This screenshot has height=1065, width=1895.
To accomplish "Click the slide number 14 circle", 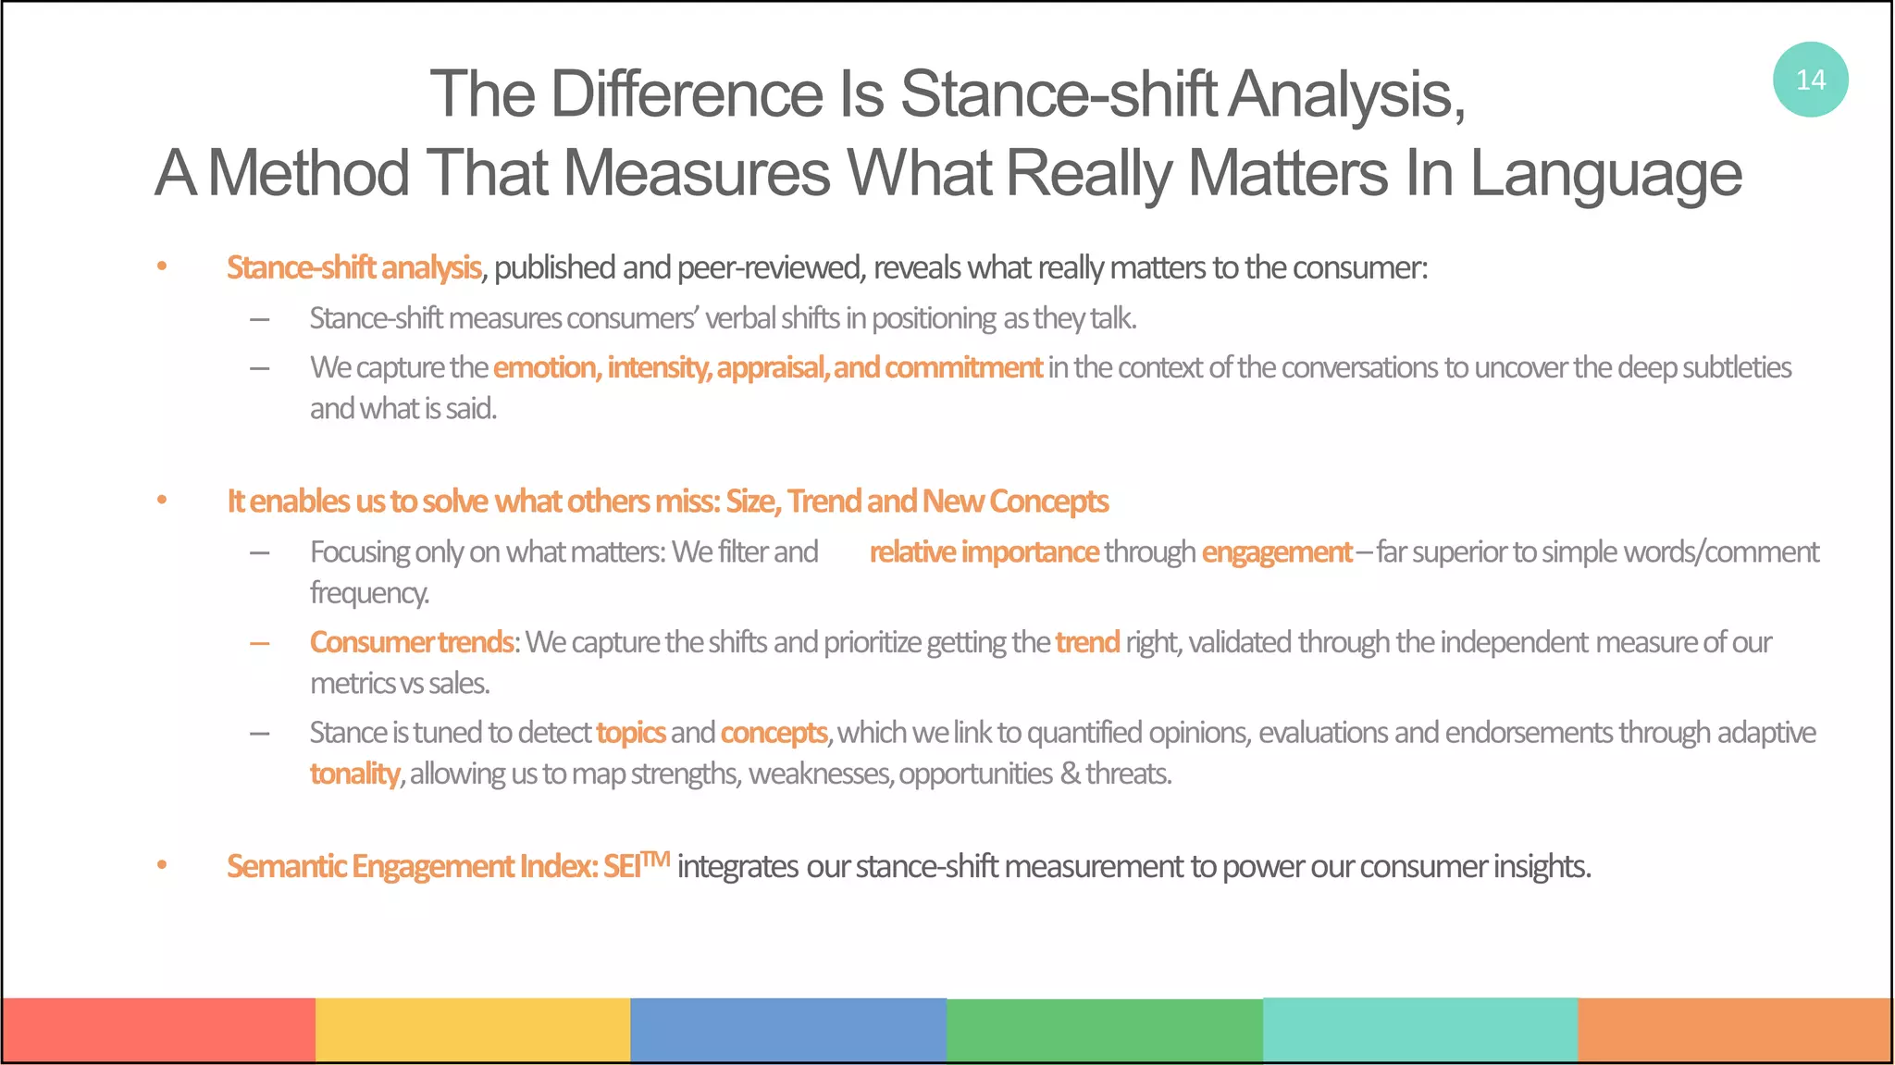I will [x=1810, y=80].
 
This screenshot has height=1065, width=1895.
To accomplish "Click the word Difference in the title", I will [x=686, y=94].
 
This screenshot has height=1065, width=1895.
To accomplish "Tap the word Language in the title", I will [x=1605, y=174].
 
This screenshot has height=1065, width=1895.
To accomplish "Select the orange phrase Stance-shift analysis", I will [x=353, y=267].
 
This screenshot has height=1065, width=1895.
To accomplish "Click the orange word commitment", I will [x=963, y=367].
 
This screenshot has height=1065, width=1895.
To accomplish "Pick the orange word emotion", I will [x=546, y=367].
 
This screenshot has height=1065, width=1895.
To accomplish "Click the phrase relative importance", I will [x=984, y=552].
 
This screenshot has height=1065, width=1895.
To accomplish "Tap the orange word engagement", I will [x=1276, y=552].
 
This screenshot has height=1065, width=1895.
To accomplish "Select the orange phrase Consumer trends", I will [x=411, y=642].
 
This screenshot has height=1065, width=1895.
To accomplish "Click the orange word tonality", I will [x=354, y=774].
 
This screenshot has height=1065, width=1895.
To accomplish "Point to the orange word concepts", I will [x=774, y=733].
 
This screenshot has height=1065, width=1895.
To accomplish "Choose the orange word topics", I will [x=630, y=733].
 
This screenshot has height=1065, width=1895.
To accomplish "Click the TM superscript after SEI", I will [x=656, y=859].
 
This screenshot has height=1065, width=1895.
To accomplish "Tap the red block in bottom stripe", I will [x=158, y=1029].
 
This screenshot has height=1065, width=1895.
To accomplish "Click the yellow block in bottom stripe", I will [x=473, y=1029].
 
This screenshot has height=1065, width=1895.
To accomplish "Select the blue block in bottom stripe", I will [x=787, y=1029].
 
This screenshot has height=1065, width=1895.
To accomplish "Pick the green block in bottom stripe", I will [x=1104, y=1029].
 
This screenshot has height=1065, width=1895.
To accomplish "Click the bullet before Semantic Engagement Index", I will [x=162, y=866].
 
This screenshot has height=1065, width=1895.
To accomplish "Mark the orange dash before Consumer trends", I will [x=260, y=643].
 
